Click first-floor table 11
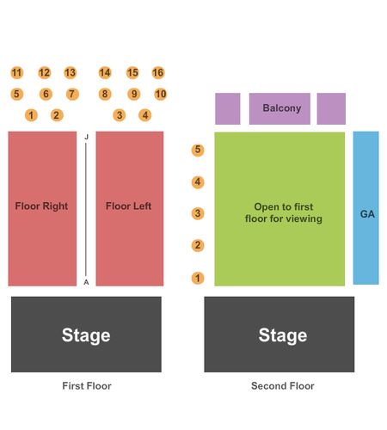coord(17,73)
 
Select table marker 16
coord(158,73)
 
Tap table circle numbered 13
coord(71,73)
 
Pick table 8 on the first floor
coord(105,94)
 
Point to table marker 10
coord(160,94)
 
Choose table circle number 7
coord(72,94)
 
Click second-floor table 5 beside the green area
coord(198,150)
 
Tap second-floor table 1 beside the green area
coord(198,278)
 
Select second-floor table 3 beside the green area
coord(198,213)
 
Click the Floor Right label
coord(41,206)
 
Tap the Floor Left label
coord(128,206)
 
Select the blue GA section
coord(365,208)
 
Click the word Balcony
coord(282,108)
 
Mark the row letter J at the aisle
coord(86,137)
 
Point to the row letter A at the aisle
coord(86,282)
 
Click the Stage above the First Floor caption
coord(86,335)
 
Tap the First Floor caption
coord(87,386)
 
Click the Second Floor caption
coord(283,386)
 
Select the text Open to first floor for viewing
coord(284,212)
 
